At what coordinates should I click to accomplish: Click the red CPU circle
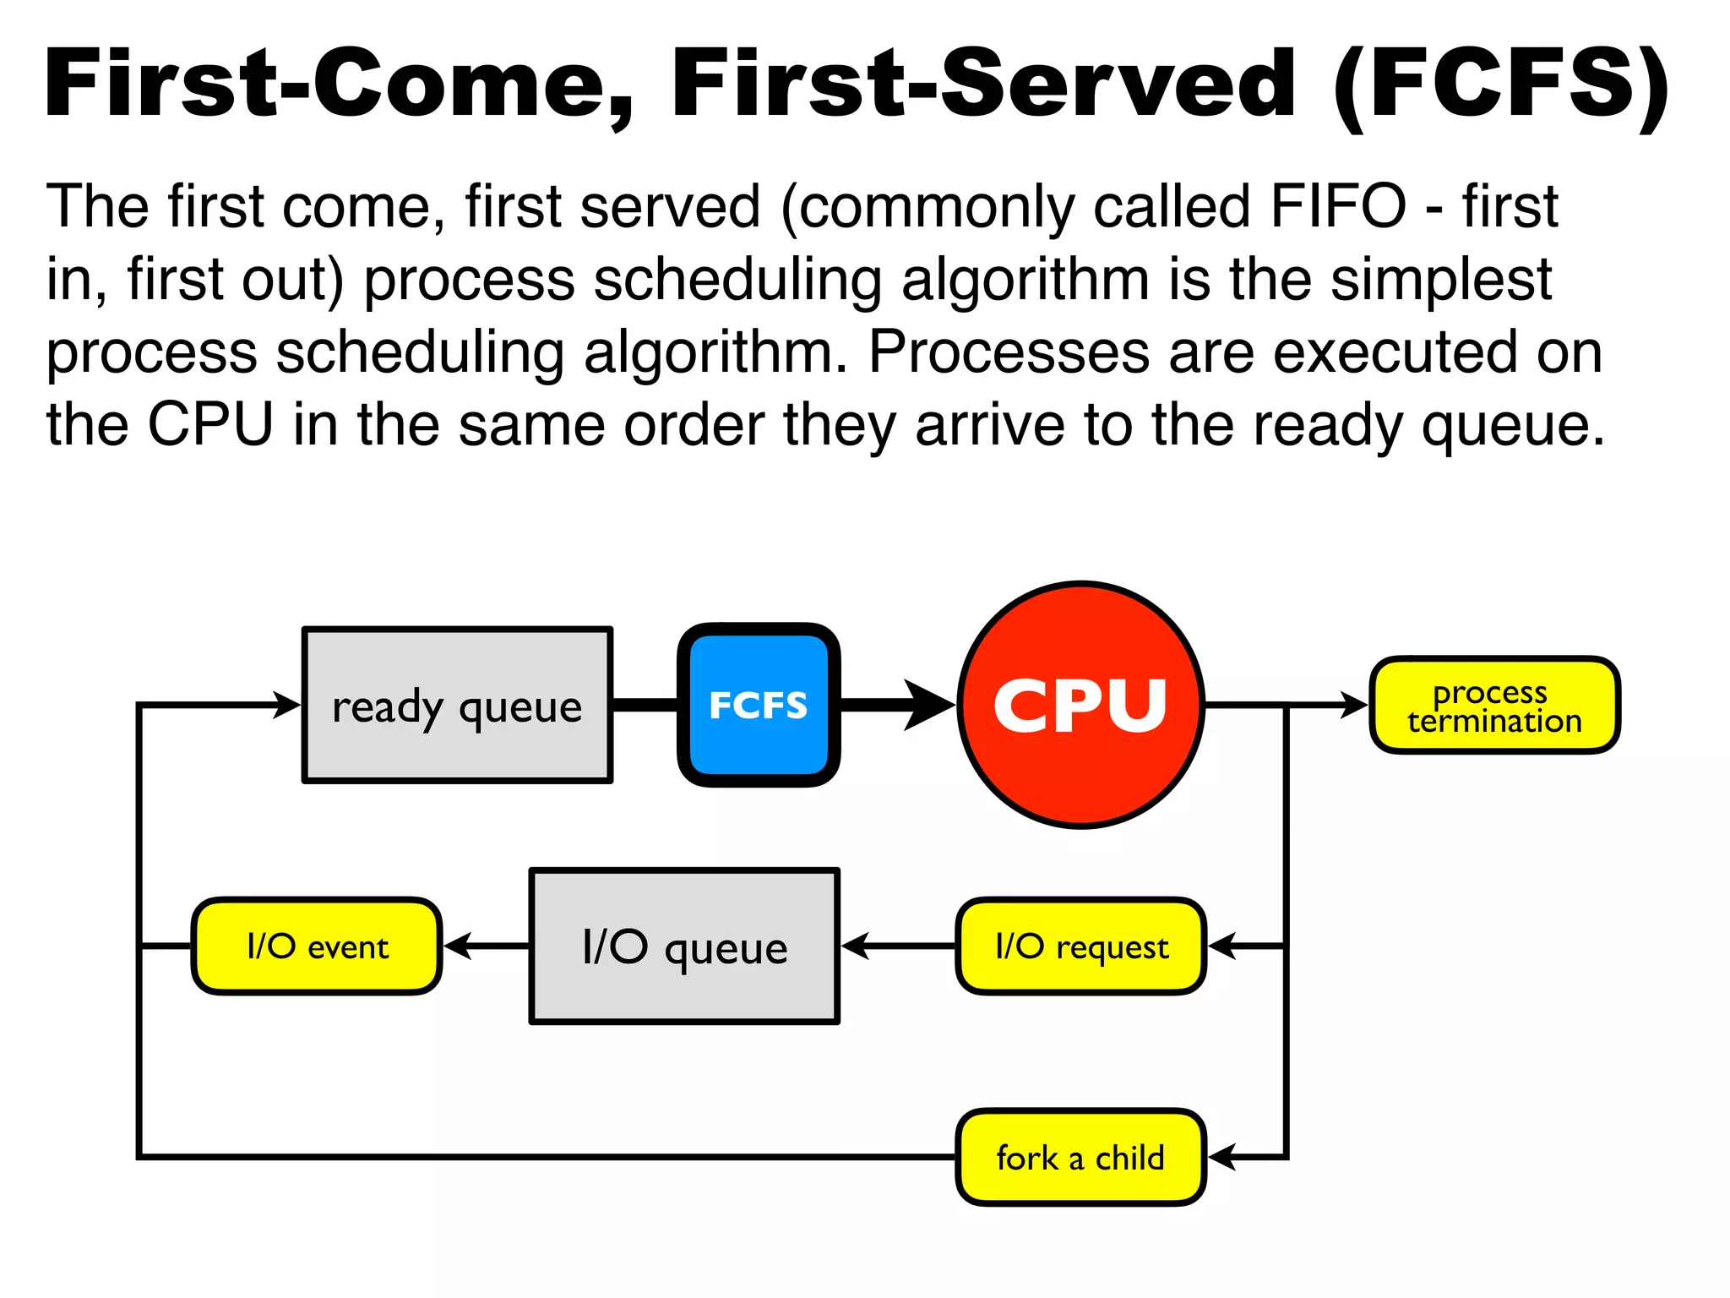point(1081,705)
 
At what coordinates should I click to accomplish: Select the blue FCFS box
point(759,705)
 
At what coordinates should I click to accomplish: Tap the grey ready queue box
point(457,705)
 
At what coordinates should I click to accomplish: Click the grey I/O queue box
point(684,946)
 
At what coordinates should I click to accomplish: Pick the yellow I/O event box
point(317,946)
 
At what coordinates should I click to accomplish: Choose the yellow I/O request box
point(1081,946)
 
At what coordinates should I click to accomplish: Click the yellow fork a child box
point(1081,1157)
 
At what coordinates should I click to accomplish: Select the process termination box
point(1494,705)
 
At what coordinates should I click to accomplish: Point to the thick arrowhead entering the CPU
point(929,705)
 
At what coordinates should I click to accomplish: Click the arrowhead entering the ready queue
point(287,705)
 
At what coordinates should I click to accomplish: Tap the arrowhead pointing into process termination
point(1354,705)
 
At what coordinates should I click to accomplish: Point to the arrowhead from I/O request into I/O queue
point(856,946)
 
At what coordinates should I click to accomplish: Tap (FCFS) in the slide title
point(1500,85)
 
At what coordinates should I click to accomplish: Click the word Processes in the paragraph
point(1009,352)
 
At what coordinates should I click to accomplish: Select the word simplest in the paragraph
point(1441,280)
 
